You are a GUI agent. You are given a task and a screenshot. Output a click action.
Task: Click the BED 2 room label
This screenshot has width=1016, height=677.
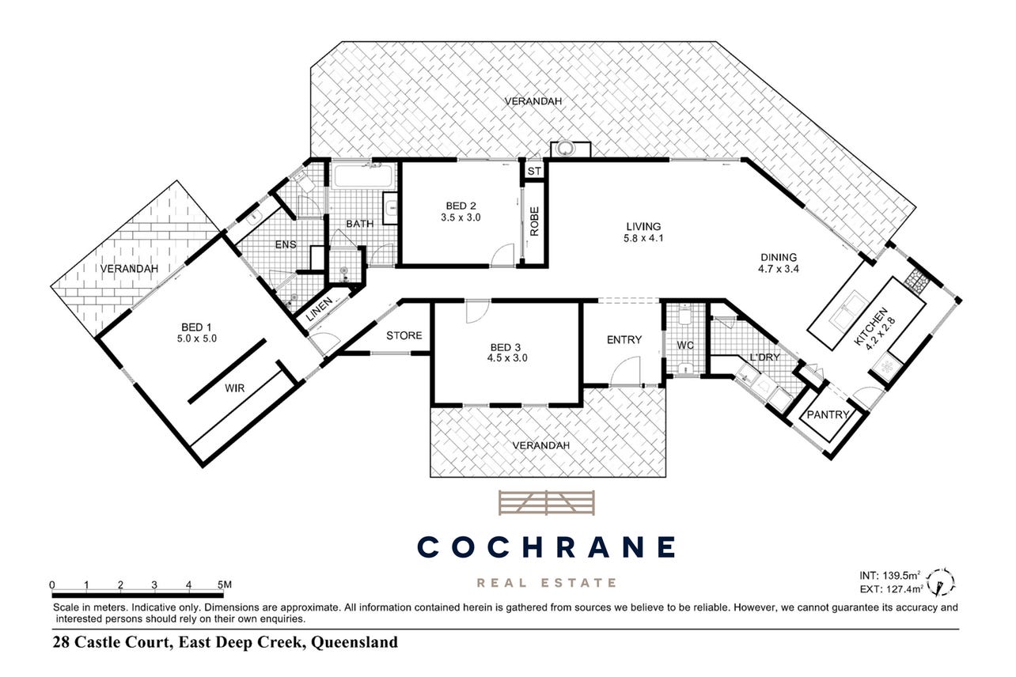pos(461,206)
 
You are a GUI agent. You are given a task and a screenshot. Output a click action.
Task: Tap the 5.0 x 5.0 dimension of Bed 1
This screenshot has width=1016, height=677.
pos(197,338)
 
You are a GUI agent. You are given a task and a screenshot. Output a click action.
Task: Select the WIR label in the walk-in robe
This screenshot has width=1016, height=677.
pos(234,388)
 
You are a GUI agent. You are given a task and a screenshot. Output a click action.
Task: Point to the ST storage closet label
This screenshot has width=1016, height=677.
pos(534,171)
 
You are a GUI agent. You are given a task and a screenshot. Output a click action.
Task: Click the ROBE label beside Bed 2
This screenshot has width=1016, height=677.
pos(534,221)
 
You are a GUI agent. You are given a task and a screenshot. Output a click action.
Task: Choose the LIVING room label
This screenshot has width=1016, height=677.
pos(643,226)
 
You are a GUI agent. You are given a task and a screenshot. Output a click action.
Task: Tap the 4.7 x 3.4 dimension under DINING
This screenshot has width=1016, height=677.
pos(779,269)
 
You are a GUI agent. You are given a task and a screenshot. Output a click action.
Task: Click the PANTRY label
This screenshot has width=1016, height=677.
pos(828,414)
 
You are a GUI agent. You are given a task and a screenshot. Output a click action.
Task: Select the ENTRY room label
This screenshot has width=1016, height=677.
pos(624,339)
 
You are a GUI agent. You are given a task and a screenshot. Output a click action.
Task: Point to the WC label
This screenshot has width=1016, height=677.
pos(685,346)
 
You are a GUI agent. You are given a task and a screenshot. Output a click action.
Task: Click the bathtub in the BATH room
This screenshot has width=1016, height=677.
pos(363,176)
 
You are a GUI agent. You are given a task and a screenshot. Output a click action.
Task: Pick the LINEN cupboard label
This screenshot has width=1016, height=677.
pos(319,308)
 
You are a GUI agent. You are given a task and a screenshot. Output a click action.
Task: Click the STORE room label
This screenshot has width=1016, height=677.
pos(404,335)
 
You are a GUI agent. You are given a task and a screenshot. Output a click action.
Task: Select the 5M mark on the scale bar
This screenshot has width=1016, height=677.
pos(225,584)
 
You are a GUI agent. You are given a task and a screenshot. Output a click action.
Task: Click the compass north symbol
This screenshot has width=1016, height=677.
pos(941,583)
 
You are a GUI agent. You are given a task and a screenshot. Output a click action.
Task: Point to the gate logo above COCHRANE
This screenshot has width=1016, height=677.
pos(547,503)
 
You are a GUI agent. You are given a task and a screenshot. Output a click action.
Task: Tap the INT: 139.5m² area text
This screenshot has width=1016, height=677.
pos(890,576)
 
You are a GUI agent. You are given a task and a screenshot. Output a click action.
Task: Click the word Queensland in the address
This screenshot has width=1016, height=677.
pos(354,642)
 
